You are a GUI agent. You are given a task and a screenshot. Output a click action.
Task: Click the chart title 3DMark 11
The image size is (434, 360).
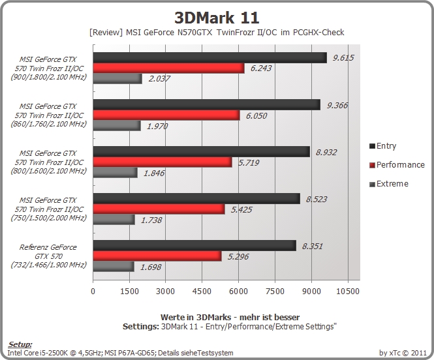(217, 18)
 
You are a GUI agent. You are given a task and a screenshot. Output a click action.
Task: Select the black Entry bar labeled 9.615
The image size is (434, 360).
(209, 58)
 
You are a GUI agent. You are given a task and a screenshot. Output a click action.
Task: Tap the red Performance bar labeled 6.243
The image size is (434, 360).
(168, 68)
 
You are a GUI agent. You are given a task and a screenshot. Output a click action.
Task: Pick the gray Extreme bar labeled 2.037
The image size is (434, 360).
(117, 78)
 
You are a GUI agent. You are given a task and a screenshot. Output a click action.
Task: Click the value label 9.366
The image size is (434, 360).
(337, 106)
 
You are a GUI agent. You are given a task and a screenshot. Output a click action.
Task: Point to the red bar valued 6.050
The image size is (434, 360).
(166, 115)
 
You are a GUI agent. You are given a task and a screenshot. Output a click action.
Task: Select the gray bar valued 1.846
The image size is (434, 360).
(115, 173)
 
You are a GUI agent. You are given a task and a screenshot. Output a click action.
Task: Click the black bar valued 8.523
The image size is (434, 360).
(196, 199)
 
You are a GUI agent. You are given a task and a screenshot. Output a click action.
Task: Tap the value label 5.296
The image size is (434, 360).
(238, 256)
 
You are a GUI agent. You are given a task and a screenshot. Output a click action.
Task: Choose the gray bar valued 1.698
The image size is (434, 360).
(114, 267)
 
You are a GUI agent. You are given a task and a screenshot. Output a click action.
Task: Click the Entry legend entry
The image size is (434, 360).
(383, 146)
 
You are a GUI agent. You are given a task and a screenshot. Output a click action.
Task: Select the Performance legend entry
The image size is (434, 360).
(397, 165)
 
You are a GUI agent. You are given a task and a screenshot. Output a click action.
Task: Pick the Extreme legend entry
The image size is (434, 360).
(389, 184)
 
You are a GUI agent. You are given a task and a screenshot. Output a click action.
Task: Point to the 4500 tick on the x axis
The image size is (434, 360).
(202, 291)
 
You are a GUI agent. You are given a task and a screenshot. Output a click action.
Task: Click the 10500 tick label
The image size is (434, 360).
(348, 291)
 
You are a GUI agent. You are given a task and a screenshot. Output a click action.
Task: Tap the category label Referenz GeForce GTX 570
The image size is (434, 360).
(48, 256)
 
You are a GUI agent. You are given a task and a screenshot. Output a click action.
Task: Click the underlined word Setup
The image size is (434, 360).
(20, 344)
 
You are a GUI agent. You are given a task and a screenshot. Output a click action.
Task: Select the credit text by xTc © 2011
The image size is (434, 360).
(403, 353)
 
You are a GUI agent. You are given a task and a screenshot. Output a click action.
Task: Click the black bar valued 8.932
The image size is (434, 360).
(202, 152)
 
